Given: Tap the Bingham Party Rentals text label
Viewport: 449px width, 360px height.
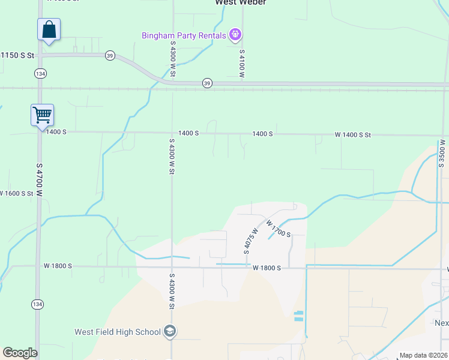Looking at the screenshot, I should click(x=184, y=35).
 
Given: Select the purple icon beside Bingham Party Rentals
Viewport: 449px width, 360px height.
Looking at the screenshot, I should click(x=235, y=35).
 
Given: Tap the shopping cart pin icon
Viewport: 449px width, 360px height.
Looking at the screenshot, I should click(x=42, y=115).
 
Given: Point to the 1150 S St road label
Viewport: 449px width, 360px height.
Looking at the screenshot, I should click(x=18, y=55).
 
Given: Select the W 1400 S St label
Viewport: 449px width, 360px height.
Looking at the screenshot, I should click(x=352, y=135).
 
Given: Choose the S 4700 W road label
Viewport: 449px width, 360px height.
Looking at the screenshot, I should click(x=40, y=179).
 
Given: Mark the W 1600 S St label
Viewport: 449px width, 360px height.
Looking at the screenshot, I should click(x=16, y=193).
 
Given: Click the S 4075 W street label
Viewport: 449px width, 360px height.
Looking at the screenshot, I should click(x=250, y=240).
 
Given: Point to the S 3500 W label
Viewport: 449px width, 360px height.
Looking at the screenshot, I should click(x=442, y=155).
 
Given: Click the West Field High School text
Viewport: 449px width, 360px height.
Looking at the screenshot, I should click(x=118, y=332).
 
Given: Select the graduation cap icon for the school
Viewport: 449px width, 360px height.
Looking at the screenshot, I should click(x=170, y=331).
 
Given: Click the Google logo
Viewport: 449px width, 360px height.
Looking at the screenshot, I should click(x=20, y=353).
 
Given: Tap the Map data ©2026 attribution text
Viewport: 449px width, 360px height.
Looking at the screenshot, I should click(x=423, y=355).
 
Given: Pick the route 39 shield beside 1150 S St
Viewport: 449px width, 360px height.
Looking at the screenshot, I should click(x=109, y=55).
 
